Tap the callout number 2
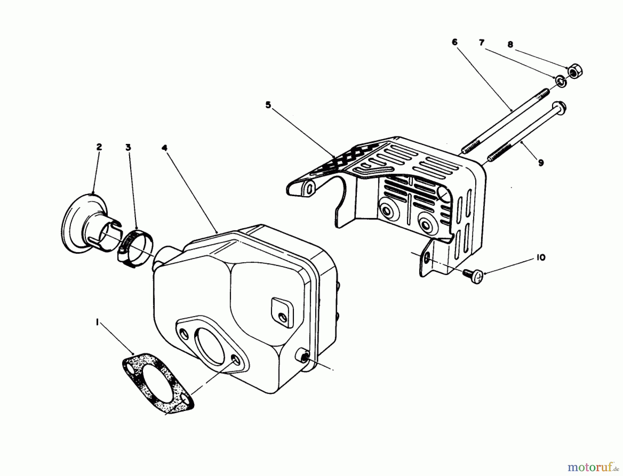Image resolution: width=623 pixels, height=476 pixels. (x=99, y=147)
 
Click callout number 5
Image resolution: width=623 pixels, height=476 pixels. (x=268, y=105)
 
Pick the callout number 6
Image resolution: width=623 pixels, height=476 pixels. (x=454, y=42)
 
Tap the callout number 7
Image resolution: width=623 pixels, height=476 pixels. (x=481, y=43)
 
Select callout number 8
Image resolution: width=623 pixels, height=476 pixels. (x=510, y=45)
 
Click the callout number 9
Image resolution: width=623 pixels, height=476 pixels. (x=541, y=162)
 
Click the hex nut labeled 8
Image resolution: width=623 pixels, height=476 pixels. (x=575, y=72)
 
